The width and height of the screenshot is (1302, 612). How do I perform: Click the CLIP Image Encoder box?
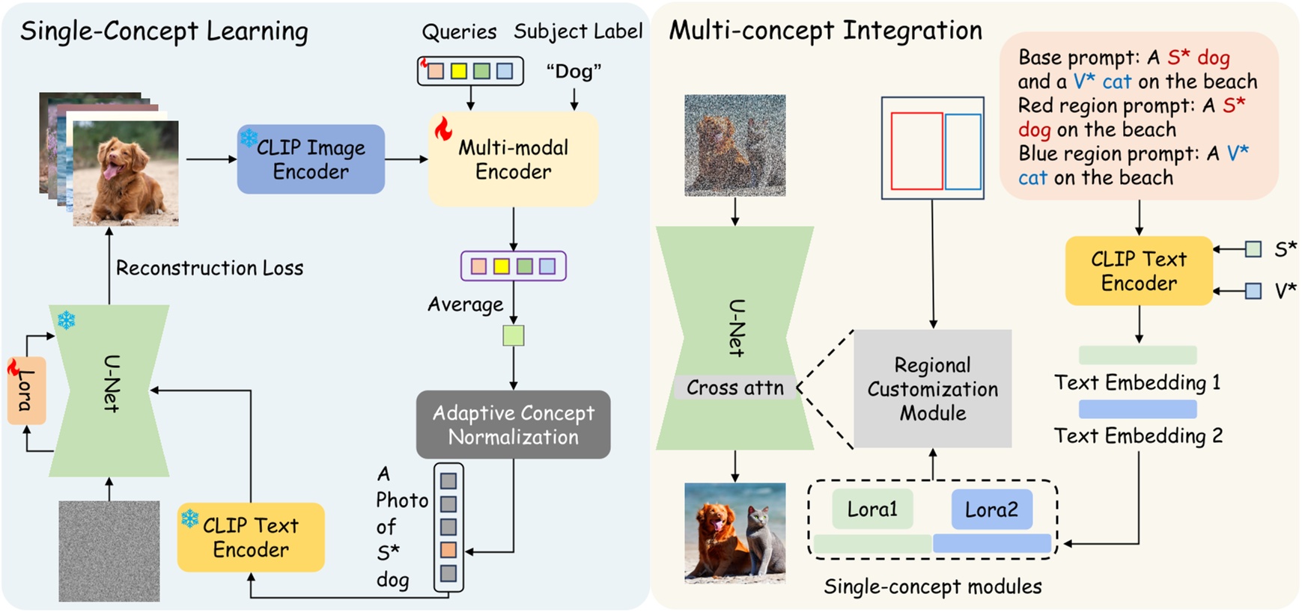311,159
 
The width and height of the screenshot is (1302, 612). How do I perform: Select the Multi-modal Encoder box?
513,159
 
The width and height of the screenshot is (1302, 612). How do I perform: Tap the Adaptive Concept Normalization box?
513,424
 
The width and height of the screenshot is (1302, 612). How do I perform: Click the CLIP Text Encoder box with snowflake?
251,537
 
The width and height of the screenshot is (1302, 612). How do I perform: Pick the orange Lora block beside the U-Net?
26,391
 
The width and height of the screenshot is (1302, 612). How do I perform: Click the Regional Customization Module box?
932,389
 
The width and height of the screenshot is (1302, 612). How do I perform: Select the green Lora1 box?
872,509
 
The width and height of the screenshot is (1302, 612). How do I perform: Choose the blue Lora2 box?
991,510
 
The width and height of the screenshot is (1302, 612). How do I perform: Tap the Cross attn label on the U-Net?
734,388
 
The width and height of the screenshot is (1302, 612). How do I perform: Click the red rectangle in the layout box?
916,151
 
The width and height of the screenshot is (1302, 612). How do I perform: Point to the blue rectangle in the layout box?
963,151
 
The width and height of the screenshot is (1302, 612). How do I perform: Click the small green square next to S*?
1253,249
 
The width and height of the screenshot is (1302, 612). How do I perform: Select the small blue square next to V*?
1253,291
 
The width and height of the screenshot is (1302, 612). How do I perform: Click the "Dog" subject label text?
574,71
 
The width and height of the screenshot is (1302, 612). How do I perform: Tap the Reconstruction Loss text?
210,268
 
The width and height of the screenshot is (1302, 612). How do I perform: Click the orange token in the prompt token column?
448,550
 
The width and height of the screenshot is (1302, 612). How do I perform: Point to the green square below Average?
514,335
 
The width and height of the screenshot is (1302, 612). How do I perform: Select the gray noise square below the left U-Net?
109,551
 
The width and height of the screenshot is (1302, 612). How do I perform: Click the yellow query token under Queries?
459,71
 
